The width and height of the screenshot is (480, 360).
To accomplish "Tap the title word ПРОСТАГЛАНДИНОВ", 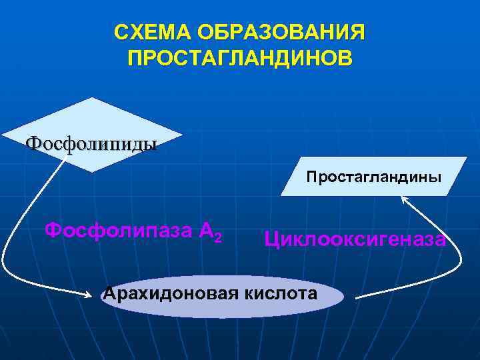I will coord(240,58).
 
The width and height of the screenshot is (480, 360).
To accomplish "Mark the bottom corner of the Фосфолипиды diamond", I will coord(91,172).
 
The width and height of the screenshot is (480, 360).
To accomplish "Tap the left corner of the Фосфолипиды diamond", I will coord(3,136).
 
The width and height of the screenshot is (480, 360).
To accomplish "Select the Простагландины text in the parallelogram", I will coord(373,177).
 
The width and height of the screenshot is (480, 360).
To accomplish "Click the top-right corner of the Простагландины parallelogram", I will coord(467,157).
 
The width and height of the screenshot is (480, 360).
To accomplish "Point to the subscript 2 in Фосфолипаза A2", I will coord(219,237).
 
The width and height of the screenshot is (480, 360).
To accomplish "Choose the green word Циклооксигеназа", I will coord(355,239).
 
